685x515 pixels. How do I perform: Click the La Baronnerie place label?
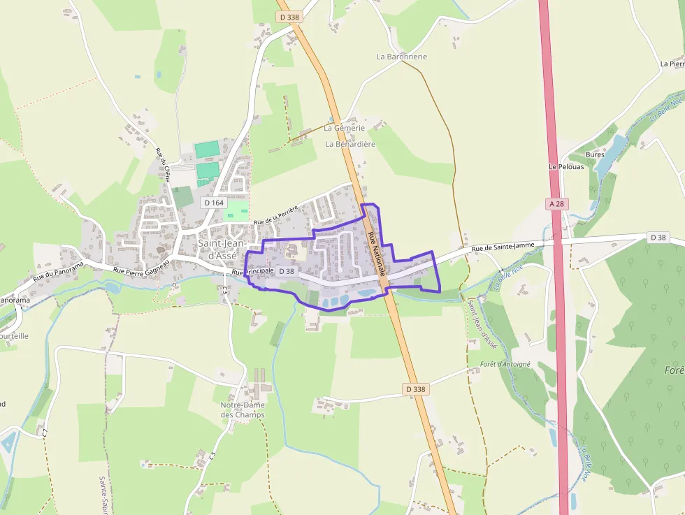point(401,57)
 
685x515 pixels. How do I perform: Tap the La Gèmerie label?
point(344,129)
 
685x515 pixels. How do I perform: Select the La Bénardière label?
point(350,144)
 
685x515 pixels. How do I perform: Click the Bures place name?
point(595,154)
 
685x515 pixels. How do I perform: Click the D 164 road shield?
point(215,202)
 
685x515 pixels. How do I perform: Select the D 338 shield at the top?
point(289,17)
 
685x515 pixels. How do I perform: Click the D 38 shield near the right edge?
point(658,238)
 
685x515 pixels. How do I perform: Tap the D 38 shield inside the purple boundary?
point(287,271)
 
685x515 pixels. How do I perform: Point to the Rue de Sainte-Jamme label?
point(503,247)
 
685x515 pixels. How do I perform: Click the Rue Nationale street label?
point(376,249)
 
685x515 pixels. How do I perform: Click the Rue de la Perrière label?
point(276,216)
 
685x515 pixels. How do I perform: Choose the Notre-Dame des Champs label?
point(243,409)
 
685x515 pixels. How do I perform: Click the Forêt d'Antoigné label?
point(505,364)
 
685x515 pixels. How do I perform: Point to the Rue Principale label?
point(252,271)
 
